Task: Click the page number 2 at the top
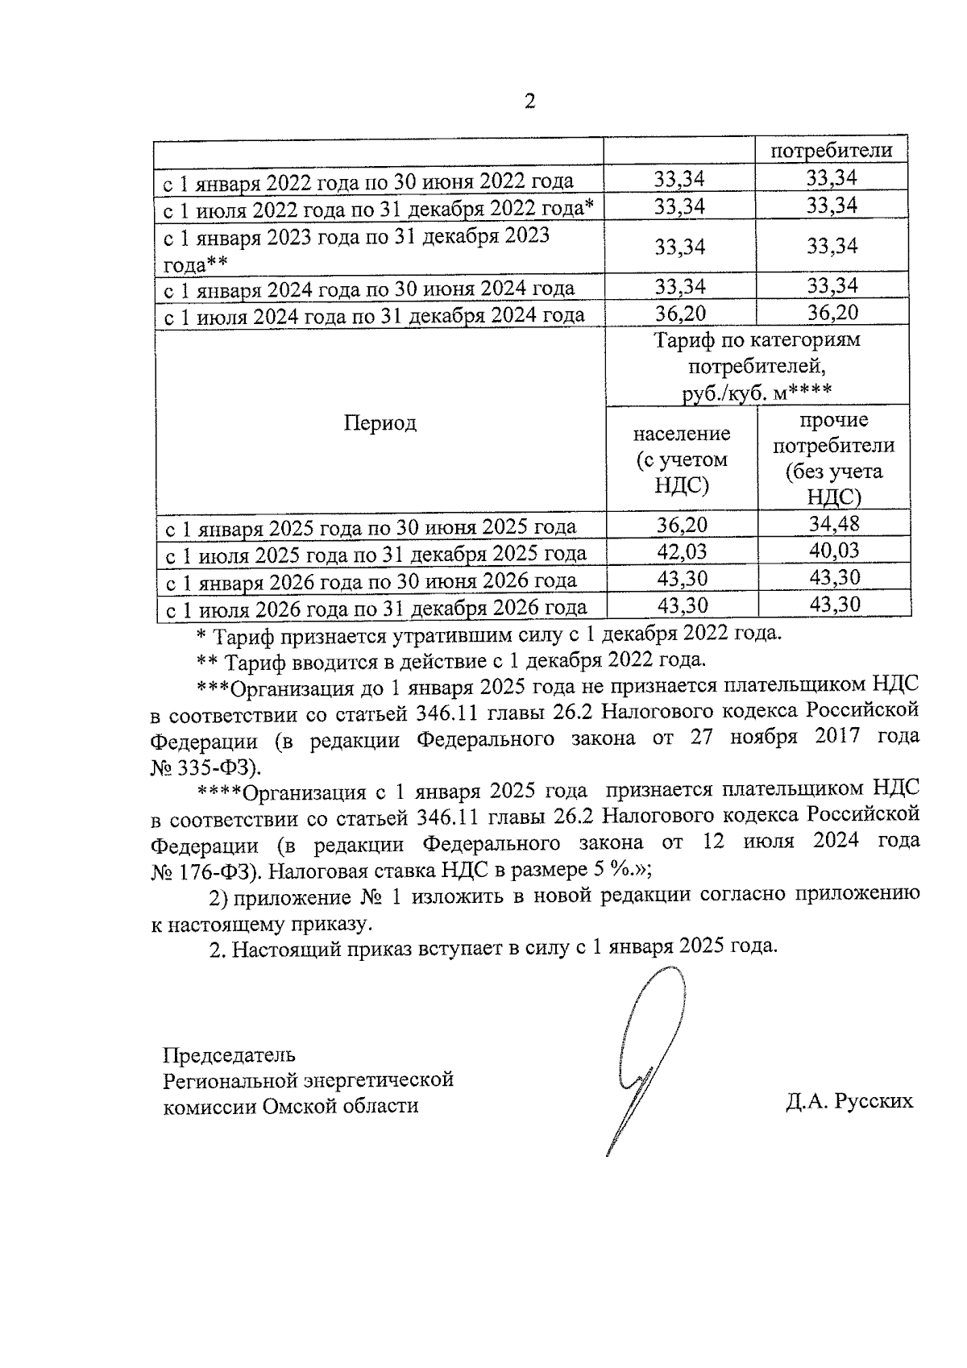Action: click(530, 102)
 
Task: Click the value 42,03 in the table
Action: click(681, 552)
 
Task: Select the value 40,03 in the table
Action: click(834, 551)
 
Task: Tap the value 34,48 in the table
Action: click(834, 525)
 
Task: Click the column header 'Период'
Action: click(380, 423)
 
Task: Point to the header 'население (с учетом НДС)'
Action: click(681, 459)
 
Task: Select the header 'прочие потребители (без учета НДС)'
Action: click(834, 458)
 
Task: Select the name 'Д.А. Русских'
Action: click(849, 1101)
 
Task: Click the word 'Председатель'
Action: click(229, 1054)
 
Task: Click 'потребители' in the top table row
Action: click(831, 150)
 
